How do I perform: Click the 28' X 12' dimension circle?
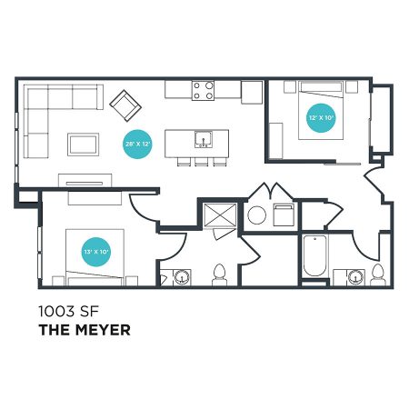137,144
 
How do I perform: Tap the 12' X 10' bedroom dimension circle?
321,118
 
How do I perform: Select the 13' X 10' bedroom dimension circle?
96,252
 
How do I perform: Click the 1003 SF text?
69,311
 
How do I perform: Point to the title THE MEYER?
85,330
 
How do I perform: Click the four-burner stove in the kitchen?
203,90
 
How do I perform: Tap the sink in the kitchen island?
204,139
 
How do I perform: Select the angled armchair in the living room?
125,105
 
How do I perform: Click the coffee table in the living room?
83,145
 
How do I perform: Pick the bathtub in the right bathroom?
314,255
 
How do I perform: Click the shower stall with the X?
220,215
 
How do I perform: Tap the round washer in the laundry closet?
257,215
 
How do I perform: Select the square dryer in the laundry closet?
284,214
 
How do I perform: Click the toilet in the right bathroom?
378,274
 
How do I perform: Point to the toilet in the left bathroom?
220,274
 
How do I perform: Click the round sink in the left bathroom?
182,277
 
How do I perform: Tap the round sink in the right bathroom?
356,277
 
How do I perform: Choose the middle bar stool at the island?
201,162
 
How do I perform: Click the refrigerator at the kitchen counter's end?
252,93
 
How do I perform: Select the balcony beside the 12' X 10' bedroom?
381,120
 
